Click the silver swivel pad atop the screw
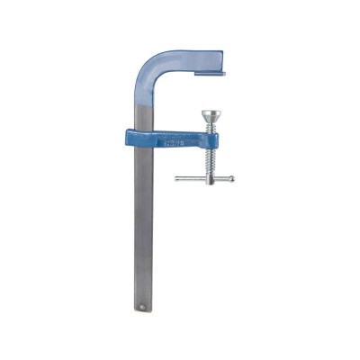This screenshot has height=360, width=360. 210,114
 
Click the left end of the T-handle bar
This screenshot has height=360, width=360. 176,178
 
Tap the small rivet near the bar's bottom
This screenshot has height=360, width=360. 140,307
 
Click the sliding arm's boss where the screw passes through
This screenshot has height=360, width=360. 209,139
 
